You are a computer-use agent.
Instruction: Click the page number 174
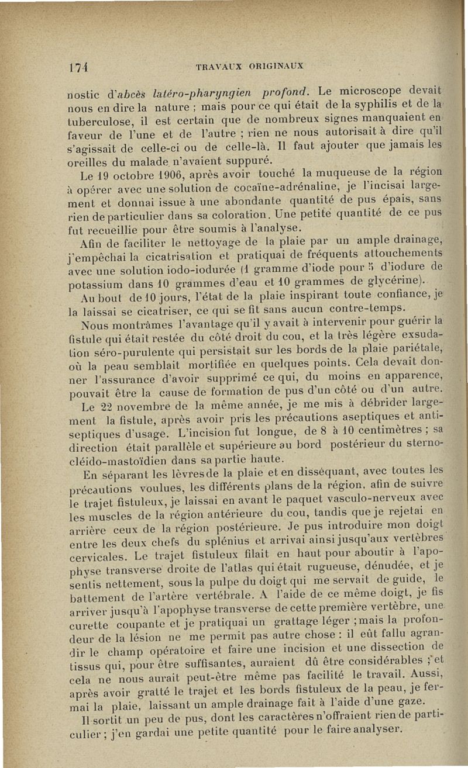pos(74,65)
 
